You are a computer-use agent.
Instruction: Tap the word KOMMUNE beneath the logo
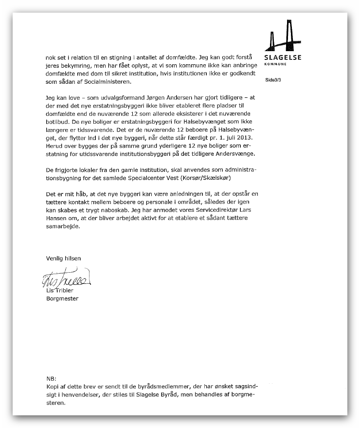(275, 64)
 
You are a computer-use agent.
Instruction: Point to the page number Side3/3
(273, 79)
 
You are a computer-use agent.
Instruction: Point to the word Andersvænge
(235, 154)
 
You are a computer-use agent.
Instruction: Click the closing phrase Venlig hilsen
(59, 258)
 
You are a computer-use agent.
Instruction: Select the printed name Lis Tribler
(56, 291)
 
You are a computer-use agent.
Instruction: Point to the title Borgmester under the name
(58, 298)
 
